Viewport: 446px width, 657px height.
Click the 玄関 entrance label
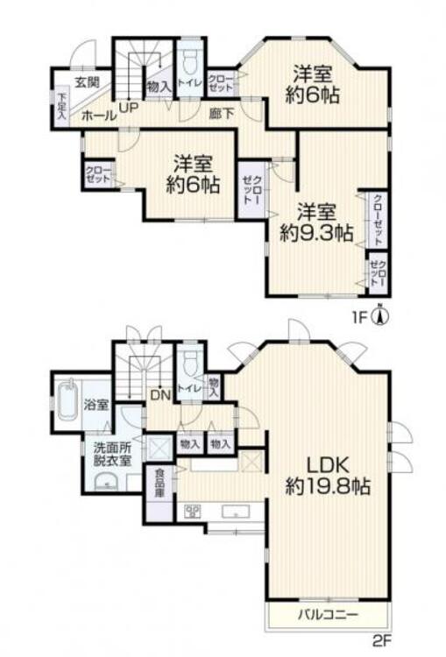(87, 84)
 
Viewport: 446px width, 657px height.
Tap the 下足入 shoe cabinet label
(61, 106)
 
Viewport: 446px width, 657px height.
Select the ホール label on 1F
(94, 114)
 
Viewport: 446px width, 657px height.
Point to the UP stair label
(128, 108)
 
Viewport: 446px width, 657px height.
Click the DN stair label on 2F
(160, 395)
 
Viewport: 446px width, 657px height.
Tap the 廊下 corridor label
(220, 111)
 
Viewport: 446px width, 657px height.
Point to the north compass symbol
(380, 315)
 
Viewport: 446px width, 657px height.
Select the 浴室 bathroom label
(96, 406)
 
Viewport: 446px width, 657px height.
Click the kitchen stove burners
(194, 512)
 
